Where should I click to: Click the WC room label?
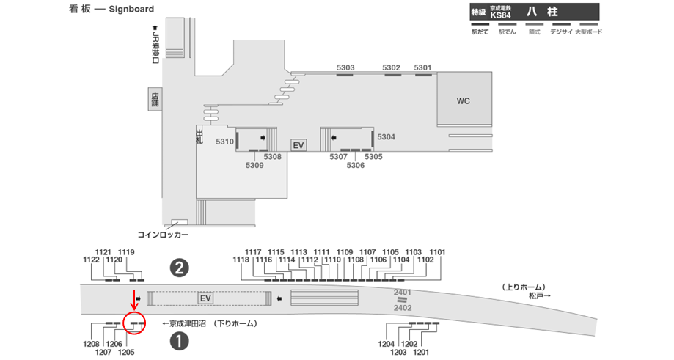tap(463, 101)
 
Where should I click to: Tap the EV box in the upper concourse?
tap(298, 145)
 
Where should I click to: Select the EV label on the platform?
tap(205, 298)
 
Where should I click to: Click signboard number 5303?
tap(345, 68)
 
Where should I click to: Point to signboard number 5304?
tap(386, 137)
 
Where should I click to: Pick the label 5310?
tap(224, 142)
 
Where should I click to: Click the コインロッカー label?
tap(163, 235)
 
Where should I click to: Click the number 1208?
tap(92, 344)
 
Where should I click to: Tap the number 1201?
tap(420, 352)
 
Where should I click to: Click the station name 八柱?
tap(549, 12)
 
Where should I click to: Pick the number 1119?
tap(126, 252)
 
